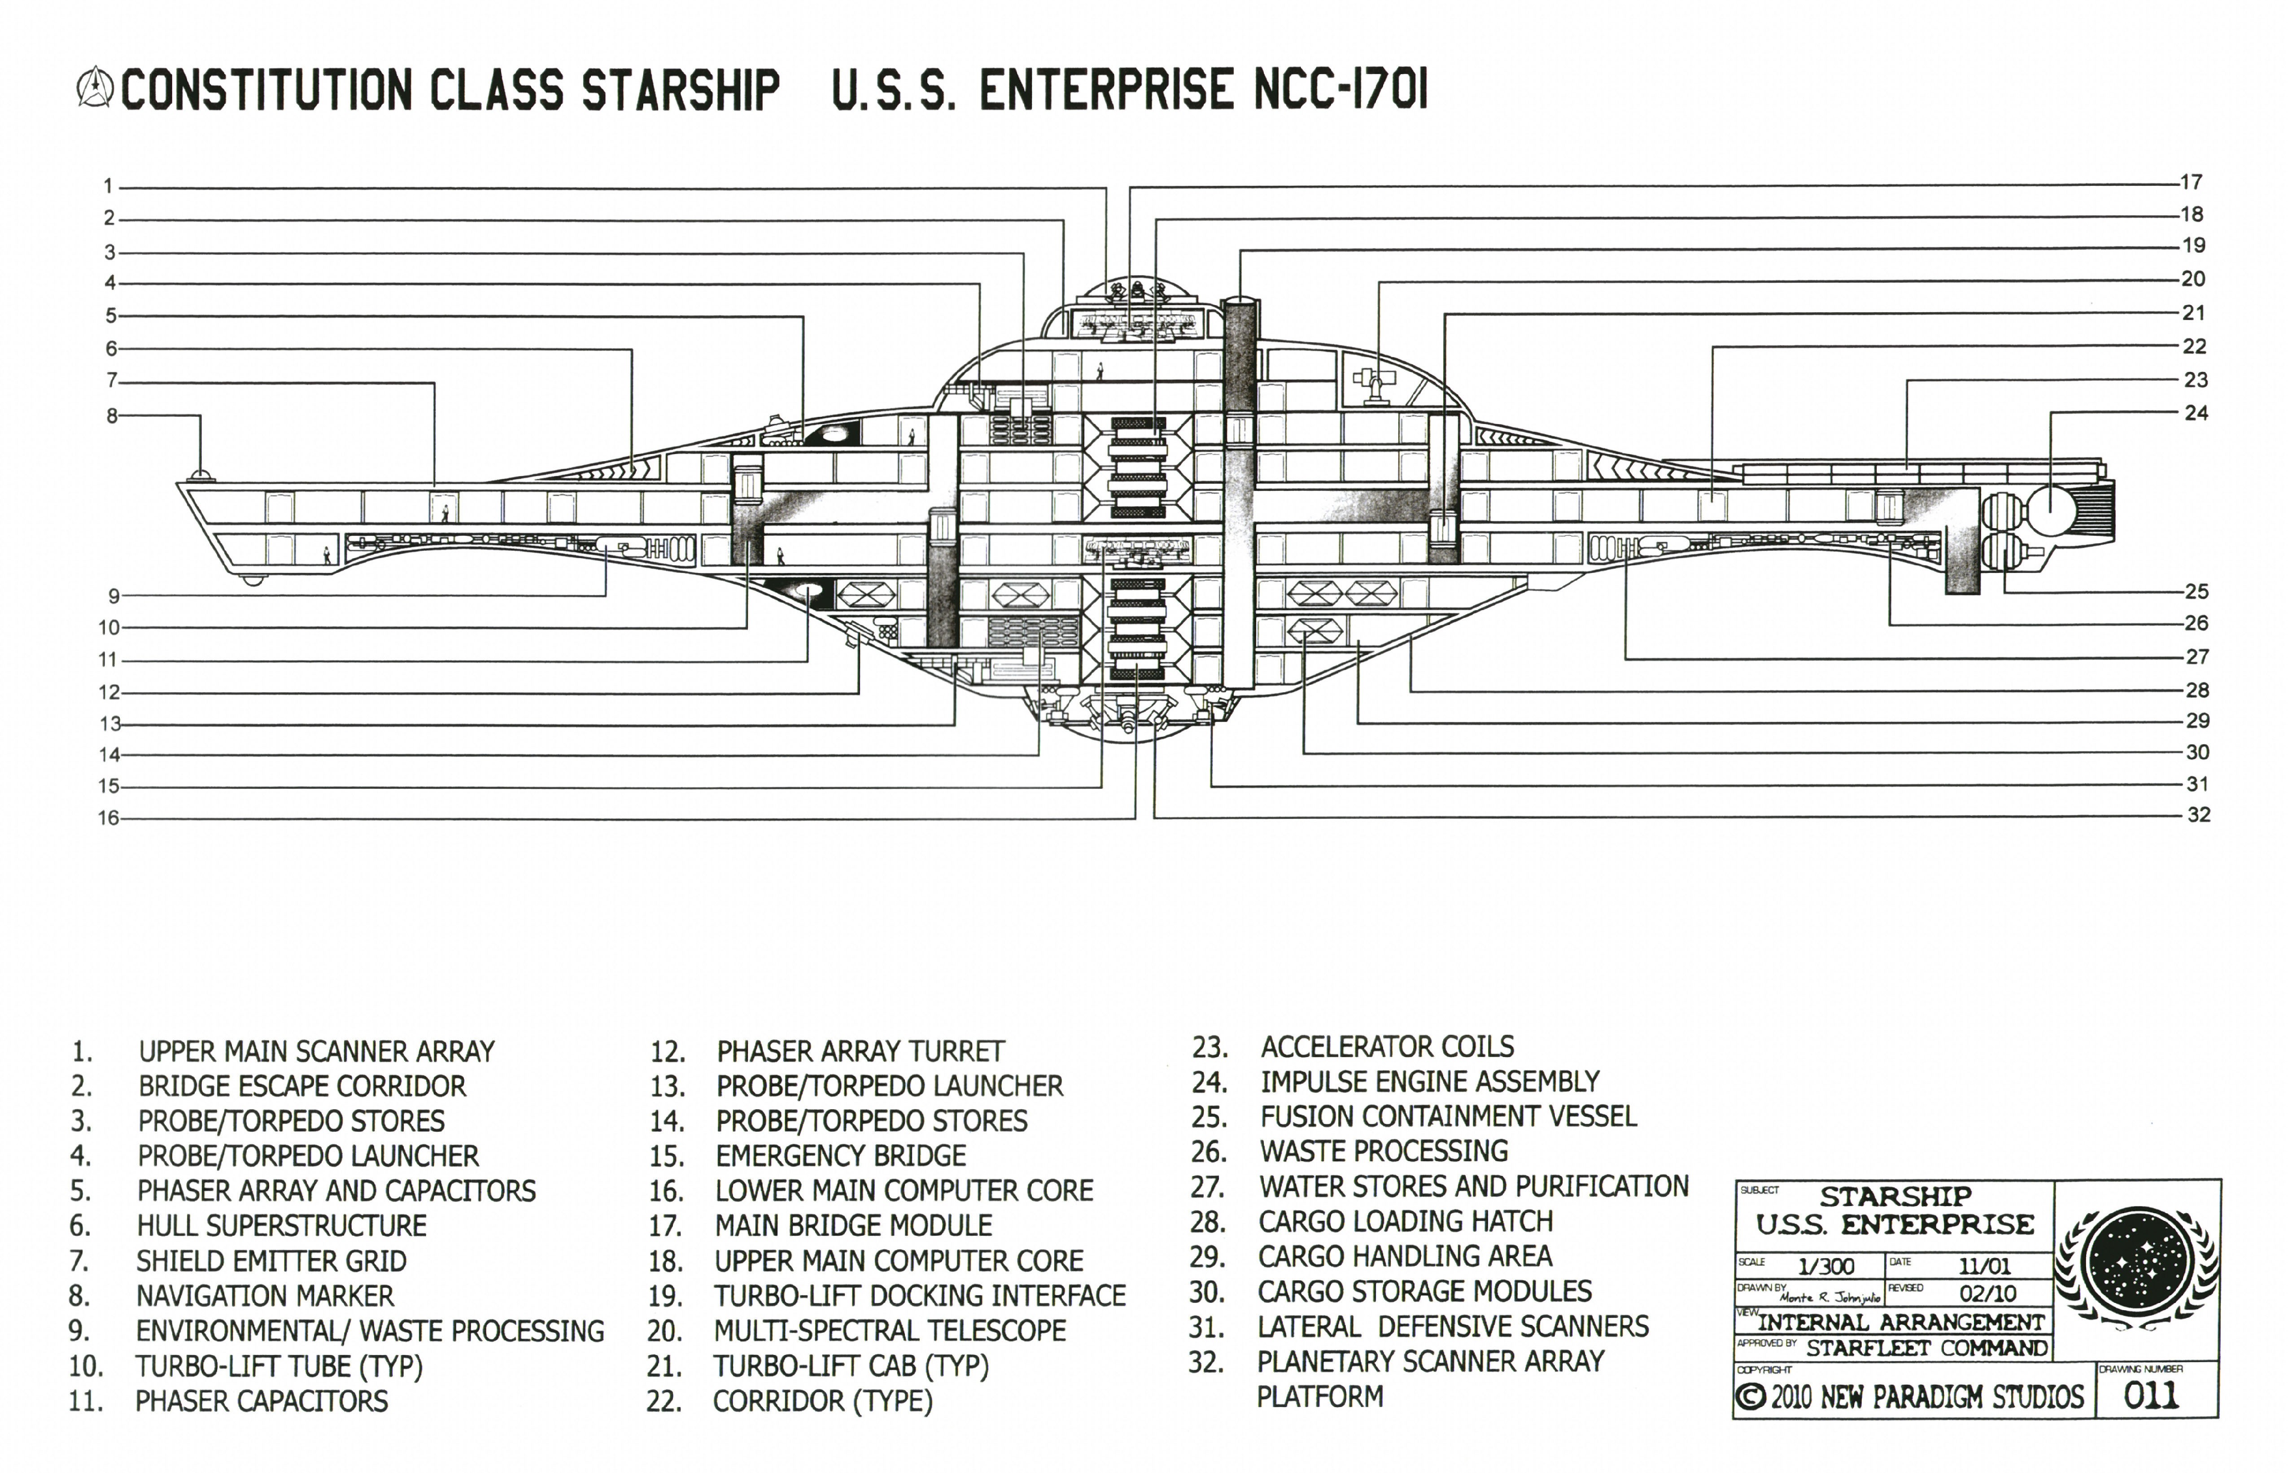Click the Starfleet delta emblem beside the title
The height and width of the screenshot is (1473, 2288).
pos(94,88)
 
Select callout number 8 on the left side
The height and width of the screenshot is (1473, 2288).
pos(112,416)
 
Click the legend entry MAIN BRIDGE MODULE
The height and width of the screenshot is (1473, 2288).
pos(853,1225)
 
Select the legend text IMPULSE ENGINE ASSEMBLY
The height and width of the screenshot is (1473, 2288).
pos(1429,1082)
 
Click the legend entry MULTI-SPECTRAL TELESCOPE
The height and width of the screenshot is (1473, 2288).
pos(889,1330)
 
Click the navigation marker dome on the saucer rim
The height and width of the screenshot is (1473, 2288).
pos(200,476)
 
